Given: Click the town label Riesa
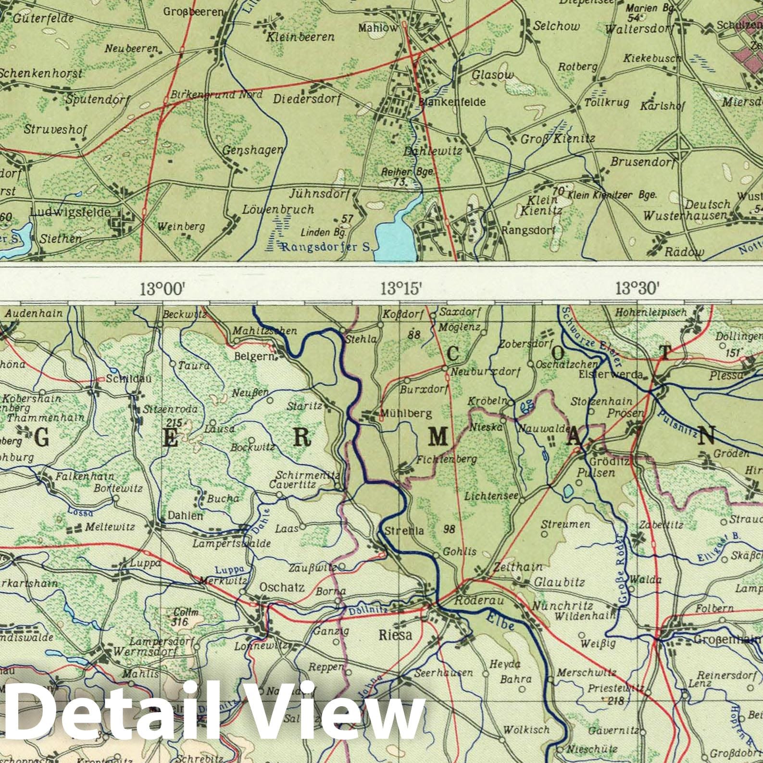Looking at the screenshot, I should [x=396, y=635].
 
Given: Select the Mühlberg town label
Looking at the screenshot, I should [x=406, y=413].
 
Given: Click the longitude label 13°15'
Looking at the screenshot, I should [x=401, y=289].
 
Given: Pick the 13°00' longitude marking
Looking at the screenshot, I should [x=163, y=289].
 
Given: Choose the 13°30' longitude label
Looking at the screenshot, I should [x=638, y=288].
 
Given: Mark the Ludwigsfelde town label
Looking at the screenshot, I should [x=70, y=212].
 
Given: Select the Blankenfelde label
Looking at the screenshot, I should [x=452, y=102].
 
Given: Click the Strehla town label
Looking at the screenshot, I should [x=404, y=531].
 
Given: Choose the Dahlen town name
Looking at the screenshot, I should [x=185, y=515].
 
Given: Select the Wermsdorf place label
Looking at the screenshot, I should [x=145, y=652].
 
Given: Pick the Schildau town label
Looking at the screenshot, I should [x=128, y=378].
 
